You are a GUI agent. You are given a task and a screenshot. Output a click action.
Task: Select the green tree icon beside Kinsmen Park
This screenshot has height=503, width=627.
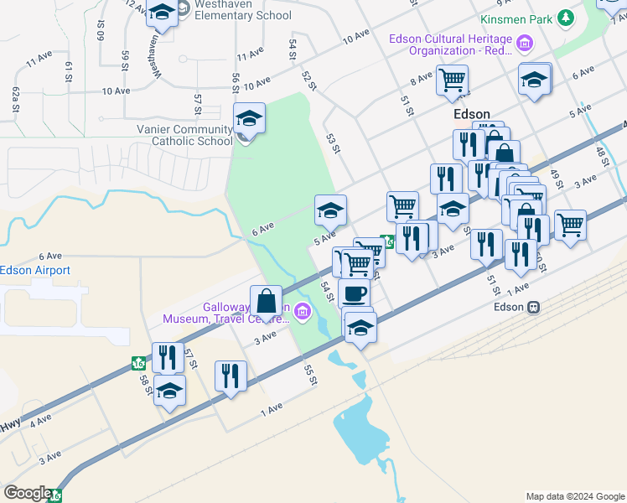(566, 18)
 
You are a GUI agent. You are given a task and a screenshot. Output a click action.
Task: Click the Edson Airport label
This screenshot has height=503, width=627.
(35, 270)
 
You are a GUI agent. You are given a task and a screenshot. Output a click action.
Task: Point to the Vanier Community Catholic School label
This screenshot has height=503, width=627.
(184, 135)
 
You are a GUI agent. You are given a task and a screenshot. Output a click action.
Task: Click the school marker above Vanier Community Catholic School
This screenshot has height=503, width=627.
(249, 118)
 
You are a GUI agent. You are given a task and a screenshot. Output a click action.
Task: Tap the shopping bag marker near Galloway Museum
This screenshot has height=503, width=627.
(266, 301)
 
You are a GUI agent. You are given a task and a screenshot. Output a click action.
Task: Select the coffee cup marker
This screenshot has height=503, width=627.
(355, 294)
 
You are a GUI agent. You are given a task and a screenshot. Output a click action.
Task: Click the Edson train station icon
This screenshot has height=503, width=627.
(532, 307)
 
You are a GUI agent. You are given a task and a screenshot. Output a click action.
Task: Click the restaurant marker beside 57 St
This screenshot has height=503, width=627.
(167, 358)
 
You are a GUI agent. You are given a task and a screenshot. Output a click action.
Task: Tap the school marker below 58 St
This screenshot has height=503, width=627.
(170, 391)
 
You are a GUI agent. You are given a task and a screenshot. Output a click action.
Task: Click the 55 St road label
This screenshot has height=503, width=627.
(311, 375)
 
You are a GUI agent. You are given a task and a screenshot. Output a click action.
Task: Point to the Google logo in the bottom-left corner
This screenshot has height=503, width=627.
(27, 493)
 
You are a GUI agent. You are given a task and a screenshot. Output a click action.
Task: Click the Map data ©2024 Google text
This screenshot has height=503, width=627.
(574, 496)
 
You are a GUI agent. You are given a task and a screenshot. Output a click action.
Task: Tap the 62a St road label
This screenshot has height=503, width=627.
(15, 99)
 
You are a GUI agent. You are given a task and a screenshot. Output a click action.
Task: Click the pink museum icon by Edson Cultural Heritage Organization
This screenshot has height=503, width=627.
(525, 43)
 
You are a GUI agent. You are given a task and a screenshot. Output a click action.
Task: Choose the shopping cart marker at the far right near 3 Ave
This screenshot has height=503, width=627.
(570, 224)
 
